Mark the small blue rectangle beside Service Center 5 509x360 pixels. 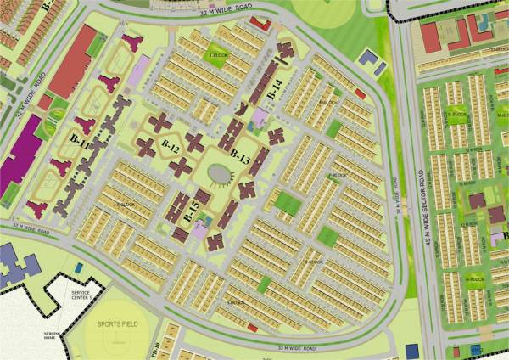click(79, 268)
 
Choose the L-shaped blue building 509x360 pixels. click(370, 59)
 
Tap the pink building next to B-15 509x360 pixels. click(200, 228)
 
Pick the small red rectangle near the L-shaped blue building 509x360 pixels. click(360, 93)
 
